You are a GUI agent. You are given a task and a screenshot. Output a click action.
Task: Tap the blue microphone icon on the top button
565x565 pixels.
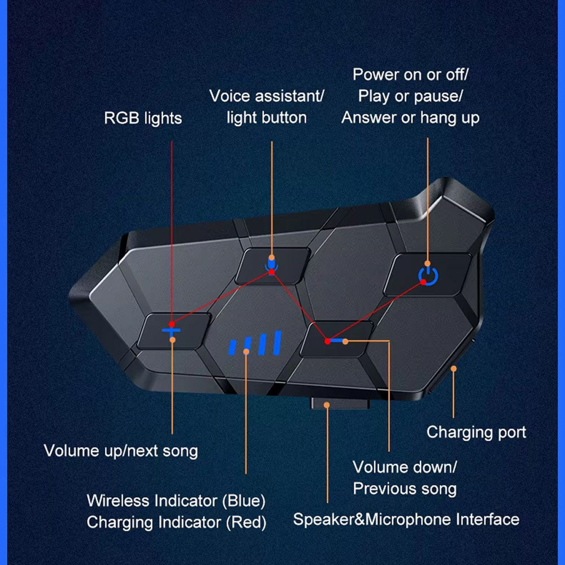tap(272, 262)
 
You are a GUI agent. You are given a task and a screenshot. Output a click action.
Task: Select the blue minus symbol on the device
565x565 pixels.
tap(337, 341)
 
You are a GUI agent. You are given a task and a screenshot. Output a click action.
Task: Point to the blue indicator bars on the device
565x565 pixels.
tap(255, 344)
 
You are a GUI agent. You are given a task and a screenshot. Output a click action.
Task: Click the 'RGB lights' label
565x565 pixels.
tap(143, 119)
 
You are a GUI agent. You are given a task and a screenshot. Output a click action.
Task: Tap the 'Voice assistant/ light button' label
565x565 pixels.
tap(267, 107)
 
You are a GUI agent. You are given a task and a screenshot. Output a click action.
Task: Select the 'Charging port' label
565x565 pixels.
tap(476, 432)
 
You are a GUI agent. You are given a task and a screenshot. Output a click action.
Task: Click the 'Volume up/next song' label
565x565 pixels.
tap(121, 451)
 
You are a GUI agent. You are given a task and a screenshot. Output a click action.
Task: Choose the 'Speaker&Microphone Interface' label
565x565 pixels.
tap(406, 519)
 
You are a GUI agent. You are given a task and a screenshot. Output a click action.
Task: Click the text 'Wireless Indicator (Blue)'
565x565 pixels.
tap(176, 501)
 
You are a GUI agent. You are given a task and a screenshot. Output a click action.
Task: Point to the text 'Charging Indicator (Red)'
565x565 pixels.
tap(176, 522)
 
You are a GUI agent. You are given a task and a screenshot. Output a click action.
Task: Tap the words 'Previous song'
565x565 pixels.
tap(405, 489)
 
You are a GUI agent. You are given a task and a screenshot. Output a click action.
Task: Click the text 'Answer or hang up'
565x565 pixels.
tap(411, 118)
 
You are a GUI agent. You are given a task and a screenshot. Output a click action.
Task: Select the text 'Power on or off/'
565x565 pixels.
tap(411, 75)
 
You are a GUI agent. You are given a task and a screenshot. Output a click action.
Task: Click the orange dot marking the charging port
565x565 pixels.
tap(453, 368)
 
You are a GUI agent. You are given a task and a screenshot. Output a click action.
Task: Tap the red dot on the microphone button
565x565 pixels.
tap(272, 272)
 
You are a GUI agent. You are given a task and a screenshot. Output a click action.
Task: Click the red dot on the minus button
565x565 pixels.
tap(327, 341)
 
